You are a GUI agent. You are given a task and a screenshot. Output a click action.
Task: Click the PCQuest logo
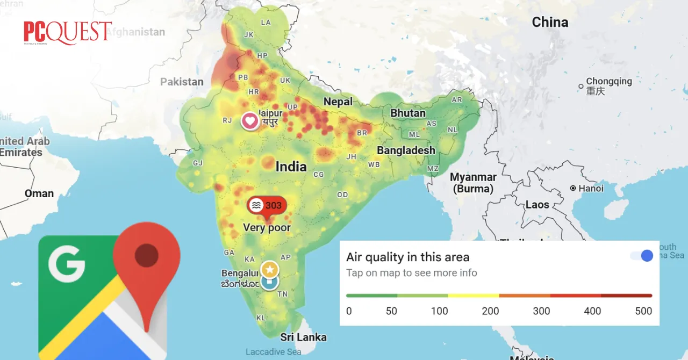[68, 33]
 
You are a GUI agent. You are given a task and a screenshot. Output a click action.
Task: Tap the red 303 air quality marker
[267, 205]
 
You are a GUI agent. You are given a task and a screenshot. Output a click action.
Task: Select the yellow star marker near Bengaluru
[269, 269]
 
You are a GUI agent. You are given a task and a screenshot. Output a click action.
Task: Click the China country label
[550, 22]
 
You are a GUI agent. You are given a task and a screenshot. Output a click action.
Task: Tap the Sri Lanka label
[303, 337]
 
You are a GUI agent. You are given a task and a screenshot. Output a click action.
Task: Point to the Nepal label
[338, 102]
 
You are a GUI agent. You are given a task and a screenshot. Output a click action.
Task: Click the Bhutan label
[408, 113]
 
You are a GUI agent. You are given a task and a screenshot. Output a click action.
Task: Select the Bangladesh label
[406, 150]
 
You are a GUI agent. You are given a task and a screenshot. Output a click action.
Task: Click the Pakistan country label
[182, 82]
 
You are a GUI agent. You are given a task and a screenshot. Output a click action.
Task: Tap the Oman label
[39, 193]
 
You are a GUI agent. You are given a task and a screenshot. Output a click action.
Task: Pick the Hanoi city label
[591, 189]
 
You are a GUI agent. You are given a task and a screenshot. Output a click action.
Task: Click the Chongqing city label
[608, 82]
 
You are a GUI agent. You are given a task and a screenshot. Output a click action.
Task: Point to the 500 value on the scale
[643, 311]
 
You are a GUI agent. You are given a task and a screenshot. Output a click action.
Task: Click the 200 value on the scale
[490, 311]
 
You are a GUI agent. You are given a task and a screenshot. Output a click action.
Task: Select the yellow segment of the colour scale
[474, 296]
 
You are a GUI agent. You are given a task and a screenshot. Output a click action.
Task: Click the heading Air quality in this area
[407, 257]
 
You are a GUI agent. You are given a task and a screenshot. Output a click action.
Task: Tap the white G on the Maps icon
[67, 264]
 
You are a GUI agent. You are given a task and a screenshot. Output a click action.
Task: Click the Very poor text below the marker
[267, 228]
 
